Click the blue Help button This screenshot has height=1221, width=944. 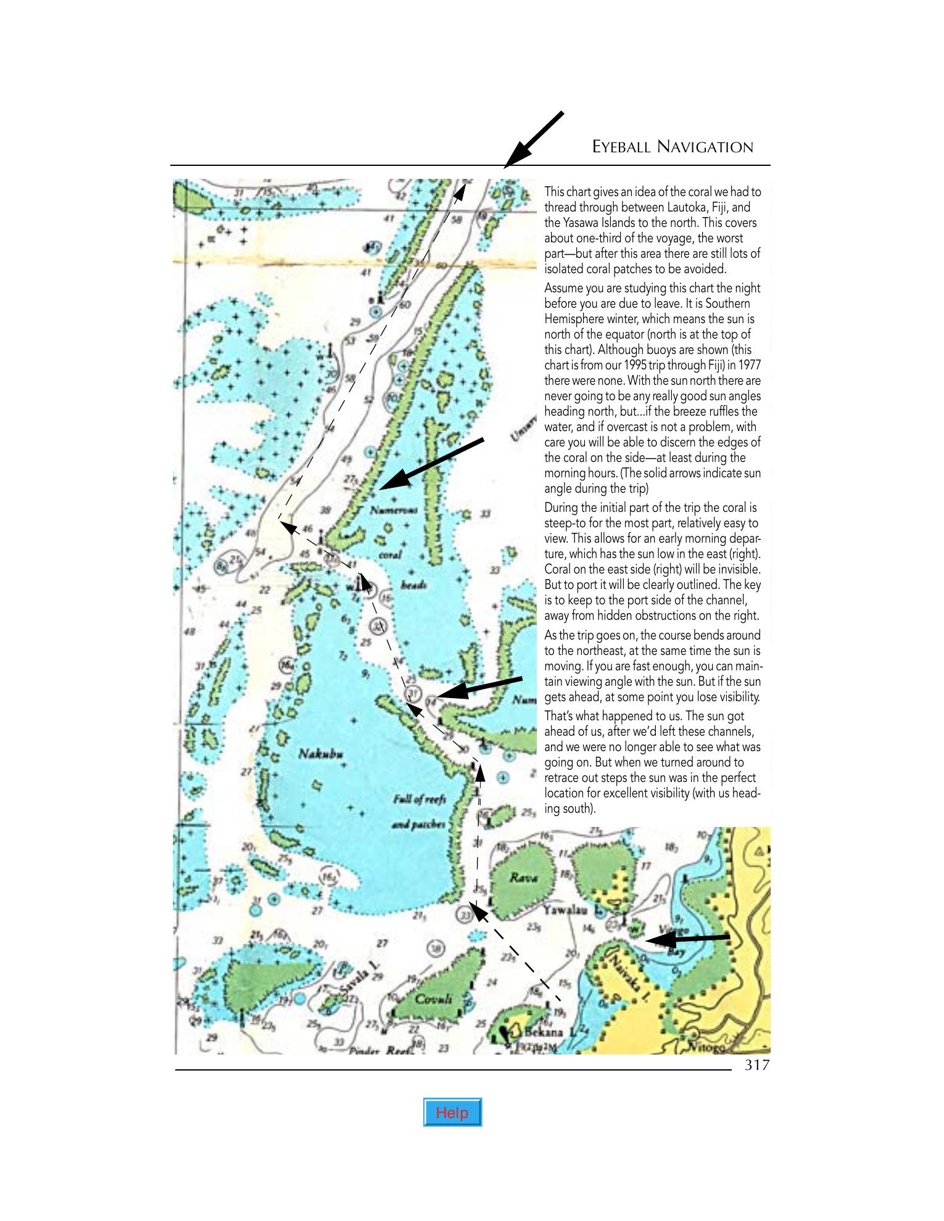click(452, 1112)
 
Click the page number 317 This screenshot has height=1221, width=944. click(757, 1064)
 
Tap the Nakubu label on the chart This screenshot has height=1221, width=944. click(320, 754)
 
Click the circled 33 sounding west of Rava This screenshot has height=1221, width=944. click(464, 915)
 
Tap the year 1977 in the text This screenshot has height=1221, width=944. click(749, 365)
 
